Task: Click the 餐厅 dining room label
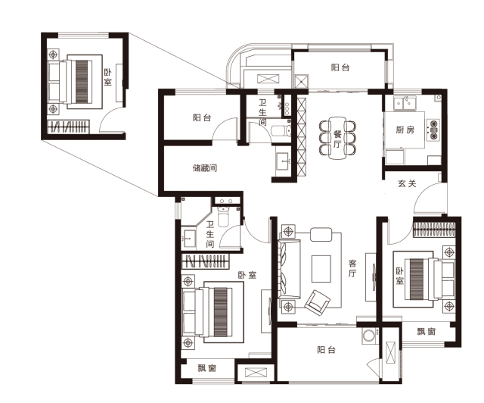click(337, 139)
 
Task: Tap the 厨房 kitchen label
click(405, 130)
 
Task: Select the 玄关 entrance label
click(407, 183)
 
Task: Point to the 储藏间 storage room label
click(205, 168)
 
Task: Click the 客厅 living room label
click(352, 268)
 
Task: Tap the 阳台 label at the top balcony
click(340, 67)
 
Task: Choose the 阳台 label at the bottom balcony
click(326, 350)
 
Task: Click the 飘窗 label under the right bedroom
click(426, 332)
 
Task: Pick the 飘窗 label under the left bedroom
click(206, 368)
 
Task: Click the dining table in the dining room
click(337, 138)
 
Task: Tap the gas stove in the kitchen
click(433, 130)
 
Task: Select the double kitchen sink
click(405, 103)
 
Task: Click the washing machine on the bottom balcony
click(368, 336)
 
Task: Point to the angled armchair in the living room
click(318, 302)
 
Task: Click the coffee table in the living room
click(321, 268)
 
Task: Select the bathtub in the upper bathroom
click(281, 130)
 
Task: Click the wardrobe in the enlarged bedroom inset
click(68, 127)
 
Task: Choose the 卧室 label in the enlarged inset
click(107, 77)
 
